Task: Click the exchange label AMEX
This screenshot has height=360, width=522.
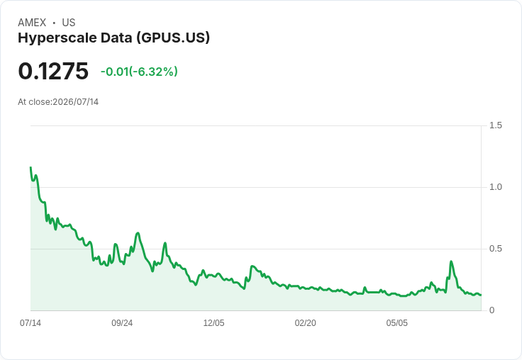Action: click(x=32, y=23)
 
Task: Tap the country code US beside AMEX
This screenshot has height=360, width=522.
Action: click(x=69, y=23)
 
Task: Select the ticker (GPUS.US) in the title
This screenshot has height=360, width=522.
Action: click(x=173, y=38)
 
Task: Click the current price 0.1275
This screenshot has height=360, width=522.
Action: click(x=53, y=71)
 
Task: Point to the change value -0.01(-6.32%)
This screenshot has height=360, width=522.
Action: click(x=139, y=72)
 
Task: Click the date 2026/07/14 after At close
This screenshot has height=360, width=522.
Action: click(x=76, y=102)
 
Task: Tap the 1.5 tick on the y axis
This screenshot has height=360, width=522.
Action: click(x=495, y=125)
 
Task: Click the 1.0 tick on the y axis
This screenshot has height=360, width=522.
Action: click(x=495, y=187)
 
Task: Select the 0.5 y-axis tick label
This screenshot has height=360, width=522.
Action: click(x=495, y=249)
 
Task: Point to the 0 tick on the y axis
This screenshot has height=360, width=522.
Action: click(x=492, y=310)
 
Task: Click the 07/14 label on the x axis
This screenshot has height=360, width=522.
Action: click(x=30, y=323)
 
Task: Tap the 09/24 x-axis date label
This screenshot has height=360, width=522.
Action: click(x=122, y=323)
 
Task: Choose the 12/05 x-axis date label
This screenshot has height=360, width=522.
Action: click(x=213, y=323)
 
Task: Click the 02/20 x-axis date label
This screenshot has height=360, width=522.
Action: click(x=305, y=323)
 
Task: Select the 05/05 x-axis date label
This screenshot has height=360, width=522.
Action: click(x=397, y=323)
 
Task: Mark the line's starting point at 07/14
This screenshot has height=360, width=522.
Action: click(x=30, y=167)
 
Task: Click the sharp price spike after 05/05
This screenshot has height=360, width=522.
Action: click(x=451, y=261)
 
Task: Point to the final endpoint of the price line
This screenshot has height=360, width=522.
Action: click(x=481, y=295)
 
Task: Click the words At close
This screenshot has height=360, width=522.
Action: click(x=34, y=102)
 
